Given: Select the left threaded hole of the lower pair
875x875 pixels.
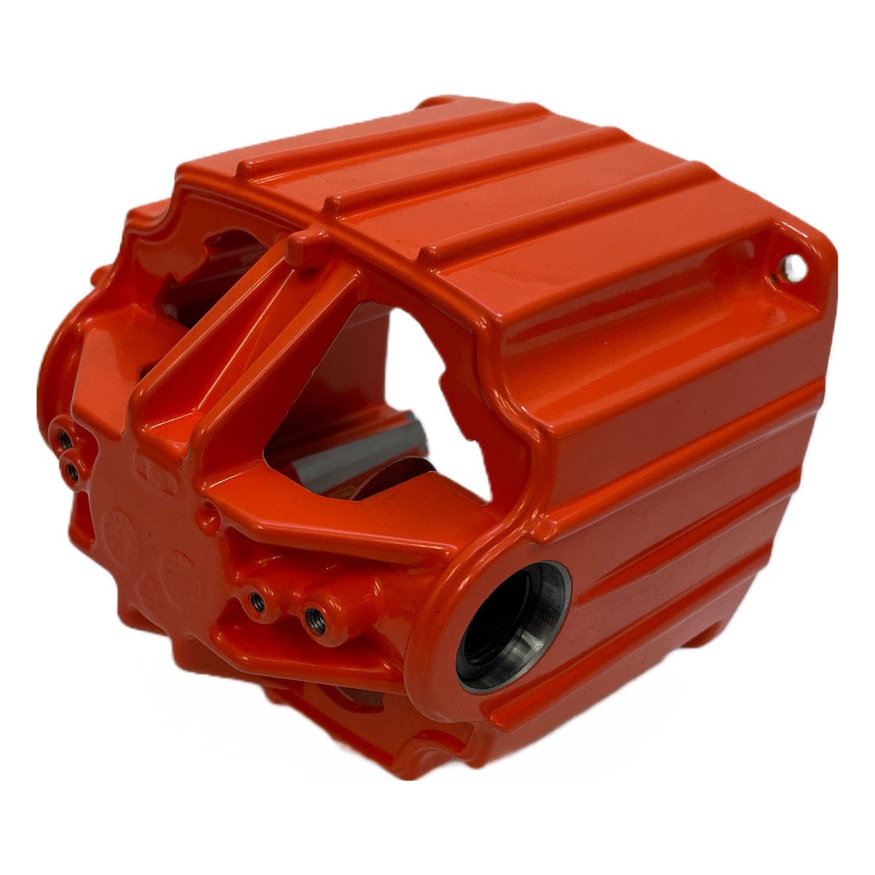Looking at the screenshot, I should (x=256, y=601).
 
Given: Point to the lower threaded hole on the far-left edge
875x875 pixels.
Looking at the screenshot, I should (x=71, y=472).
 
